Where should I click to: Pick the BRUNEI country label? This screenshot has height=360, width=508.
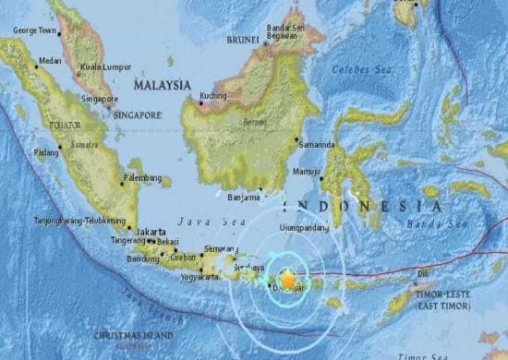(x=242, y=41)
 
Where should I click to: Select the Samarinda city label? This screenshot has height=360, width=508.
(x=319, y=146)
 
